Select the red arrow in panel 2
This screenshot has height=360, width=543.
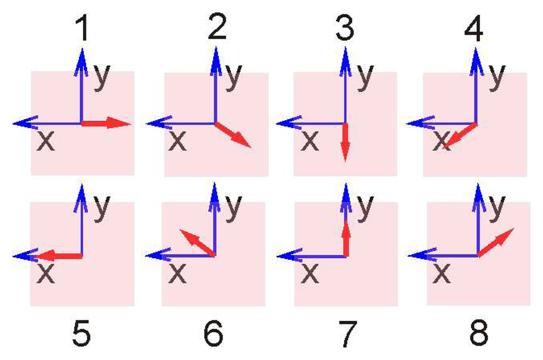pos(233,135)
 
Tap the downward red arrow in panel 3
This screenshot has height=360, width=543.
pos(345,142)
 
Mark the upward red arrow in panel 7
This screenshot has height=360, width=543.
pos(346,238)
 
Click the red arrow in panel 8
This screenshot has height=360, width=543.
pos(496,242)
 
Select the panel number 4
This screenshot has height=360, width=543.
pos(473,29)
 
